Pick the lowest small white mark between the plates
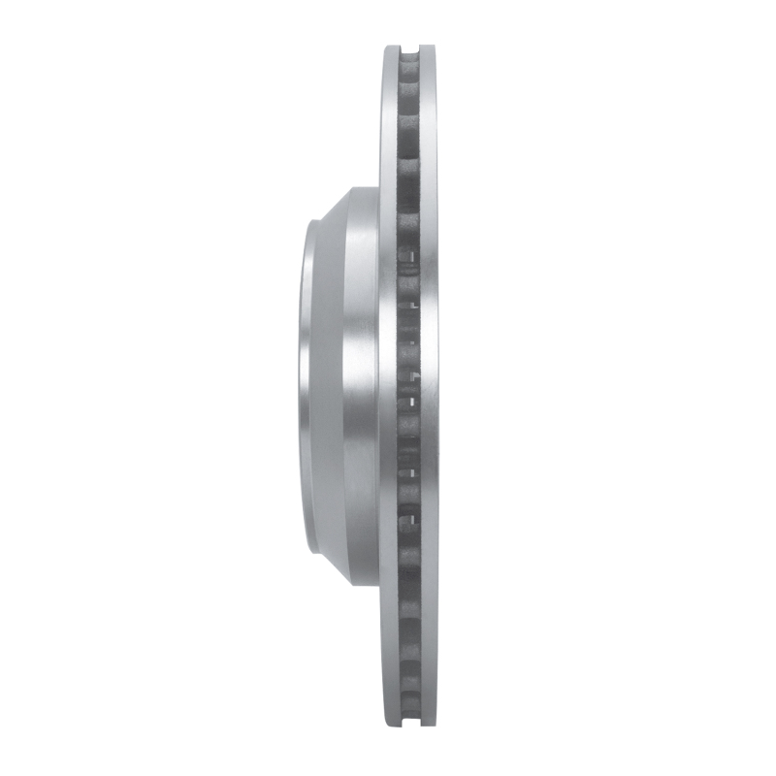[x=413, y=521]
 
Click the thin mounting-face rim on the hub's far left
[x=305, y=388]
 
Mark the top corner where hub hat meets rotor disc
[x=379, y=188]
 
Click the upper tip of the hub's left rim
[x=310, y=225]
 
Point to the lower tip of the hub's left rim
[x=310, y=551]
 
